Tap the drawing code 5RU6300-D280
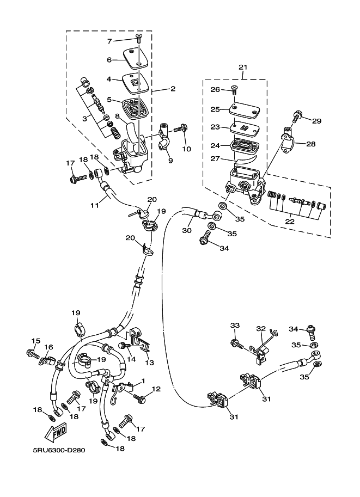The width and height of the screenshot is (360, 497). click(59, 450)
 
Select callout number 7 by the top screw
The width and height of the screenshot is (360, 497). click(110, 41)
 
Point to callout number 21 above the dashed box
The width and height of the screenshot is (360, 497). click(243, 67)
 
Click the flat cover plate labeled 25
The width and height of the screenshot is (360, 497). click(245, 109)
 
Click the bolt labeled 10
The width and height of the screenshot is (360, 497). click(181, 128)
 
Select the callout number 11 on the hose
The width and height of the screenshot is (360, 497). click(95, 205)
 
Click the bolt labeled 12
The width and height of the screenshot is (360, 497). click(140, 397)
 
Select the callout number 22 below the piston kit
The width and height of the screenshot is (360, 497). click(290, 222)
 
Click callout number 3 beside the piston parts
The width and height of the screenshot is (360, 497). click(84, 119)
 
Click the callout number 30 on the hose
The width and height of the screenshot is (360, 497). click(187, 230)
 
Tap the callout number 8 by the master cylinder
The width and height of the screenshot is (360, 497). click(117, 116)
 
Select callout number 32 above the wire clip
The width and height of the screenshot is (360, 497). click(261, 329)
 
